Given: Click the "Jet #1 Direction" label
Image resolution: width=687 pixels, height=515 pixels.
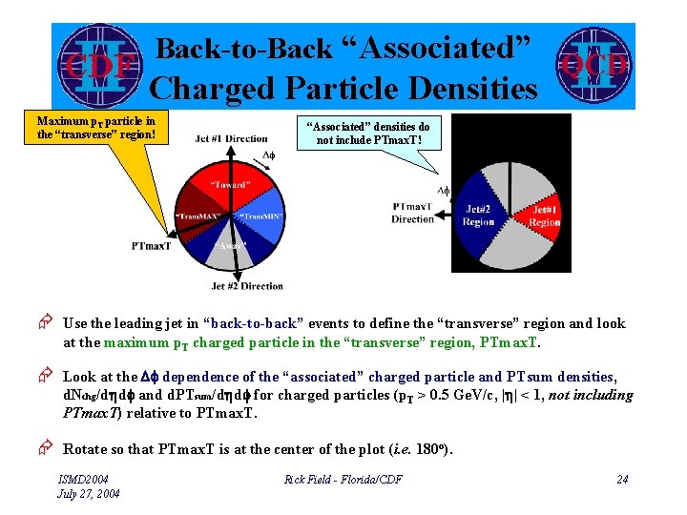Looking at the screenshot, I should (x=231, y=139).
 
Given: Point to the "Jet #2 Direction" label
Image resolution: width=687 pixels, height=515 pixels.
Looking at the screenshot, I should (x=246, y=285).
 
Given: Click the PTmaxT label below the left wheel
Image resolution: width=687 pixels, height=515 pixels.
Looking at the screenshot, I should (x=152, y=247).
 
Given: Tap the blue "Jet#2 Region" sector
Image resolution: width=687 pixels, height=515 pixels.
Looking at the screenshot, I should (x=479, y=216).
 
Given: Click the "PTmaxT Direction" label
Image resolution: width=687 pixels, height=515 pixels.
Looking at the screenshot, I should (x=412, y=213).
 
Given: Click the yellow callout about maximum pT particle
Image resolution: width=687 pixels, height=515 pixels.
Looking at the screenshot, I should (x=95, y=127).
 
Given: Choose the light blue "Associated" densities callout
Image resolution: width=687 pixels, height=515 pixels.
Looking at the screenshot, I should (x=367, y=133).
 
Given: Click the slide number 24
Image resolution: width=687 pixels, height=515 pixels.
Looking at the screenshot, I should (x=622, y=479).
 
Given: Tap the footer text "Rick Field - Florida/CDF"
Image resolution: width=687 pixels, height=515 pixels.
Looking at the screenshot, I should (x=343, y=479).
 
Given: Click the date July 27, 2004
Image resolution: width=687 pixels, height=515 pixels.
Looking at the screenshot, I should (x=88, y=493).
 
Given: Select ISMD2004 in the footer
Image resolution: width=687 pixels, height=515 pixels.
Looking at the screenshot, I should (x=84, y=479).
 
